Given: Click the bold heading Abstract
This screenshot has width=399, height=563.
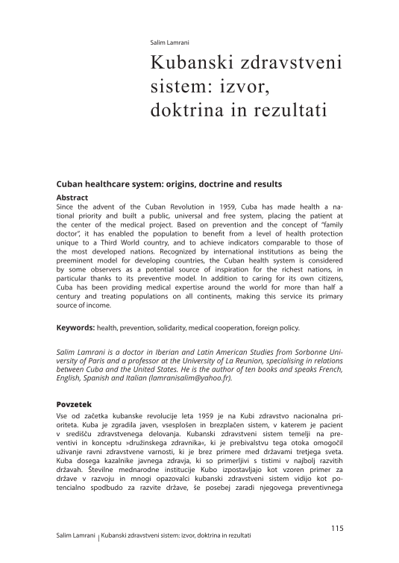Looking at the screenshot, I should coord(72,198).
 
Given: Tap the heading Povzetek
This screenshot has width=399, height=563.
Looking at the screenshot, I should coord(77,403).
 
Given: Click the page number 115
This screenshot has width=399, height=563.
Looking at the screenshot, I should coord(336,528).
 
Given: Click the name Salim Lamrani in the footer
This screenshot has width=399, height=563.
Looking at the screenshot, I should coord(76,536).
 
